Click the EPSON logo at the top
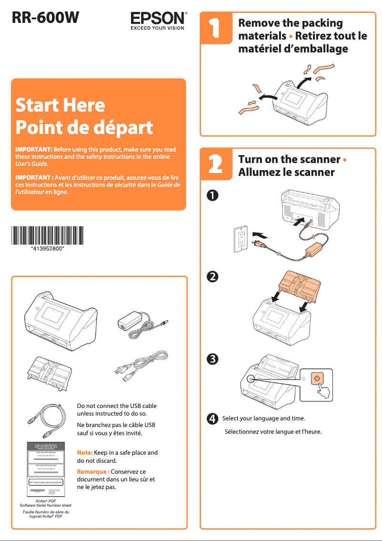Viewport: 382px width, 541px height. [x=159, y=20]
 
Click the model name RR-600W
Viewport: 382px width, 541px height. [x=45, y=18]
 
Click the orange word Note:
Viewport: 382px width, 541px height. [x=84, y=452]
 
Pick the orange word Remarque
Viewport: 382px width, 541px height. [x=93, y=471]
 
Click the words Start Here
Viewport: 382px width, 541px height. [x=60, y=104]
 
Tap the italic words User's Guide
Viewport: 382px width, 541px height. [x=31, y=163]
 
